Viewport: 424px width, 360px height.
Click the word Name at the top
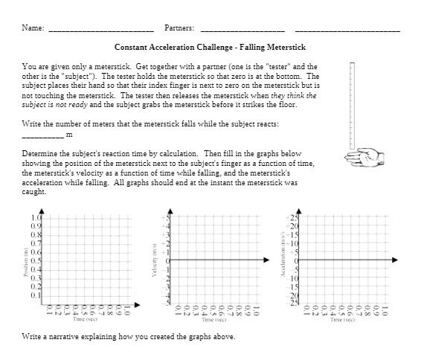pos(31,28)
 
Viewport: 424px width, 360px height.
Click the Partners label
pos(179,28)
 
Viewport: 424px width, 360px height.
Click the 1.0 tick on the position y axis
pos(37,217)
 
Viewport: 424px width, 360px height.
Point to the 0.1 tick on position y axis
pos(37,295)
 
